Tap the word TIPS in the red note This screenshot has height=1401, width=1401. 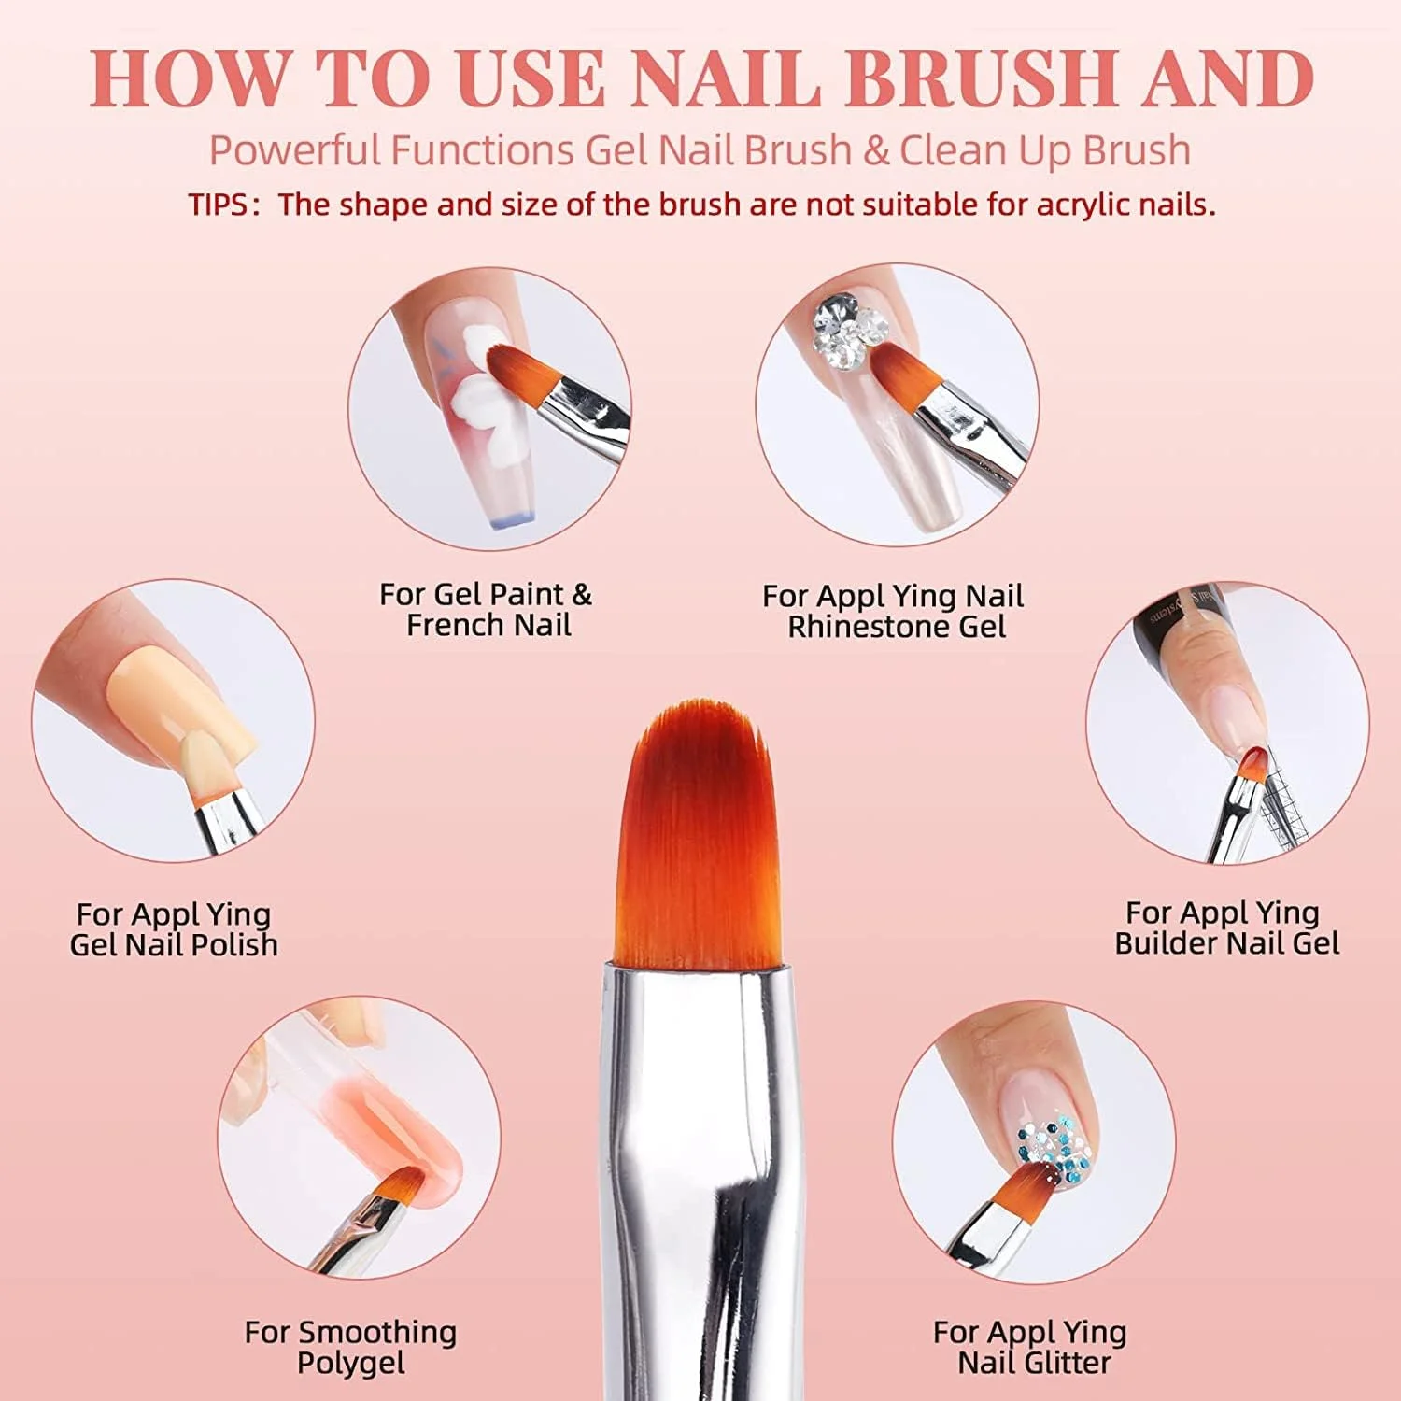[219, 205]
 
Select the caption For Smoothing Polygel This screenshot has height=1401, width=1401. [350, 1347]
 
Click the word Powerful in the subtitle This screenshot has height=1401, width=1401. [294, 149]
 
